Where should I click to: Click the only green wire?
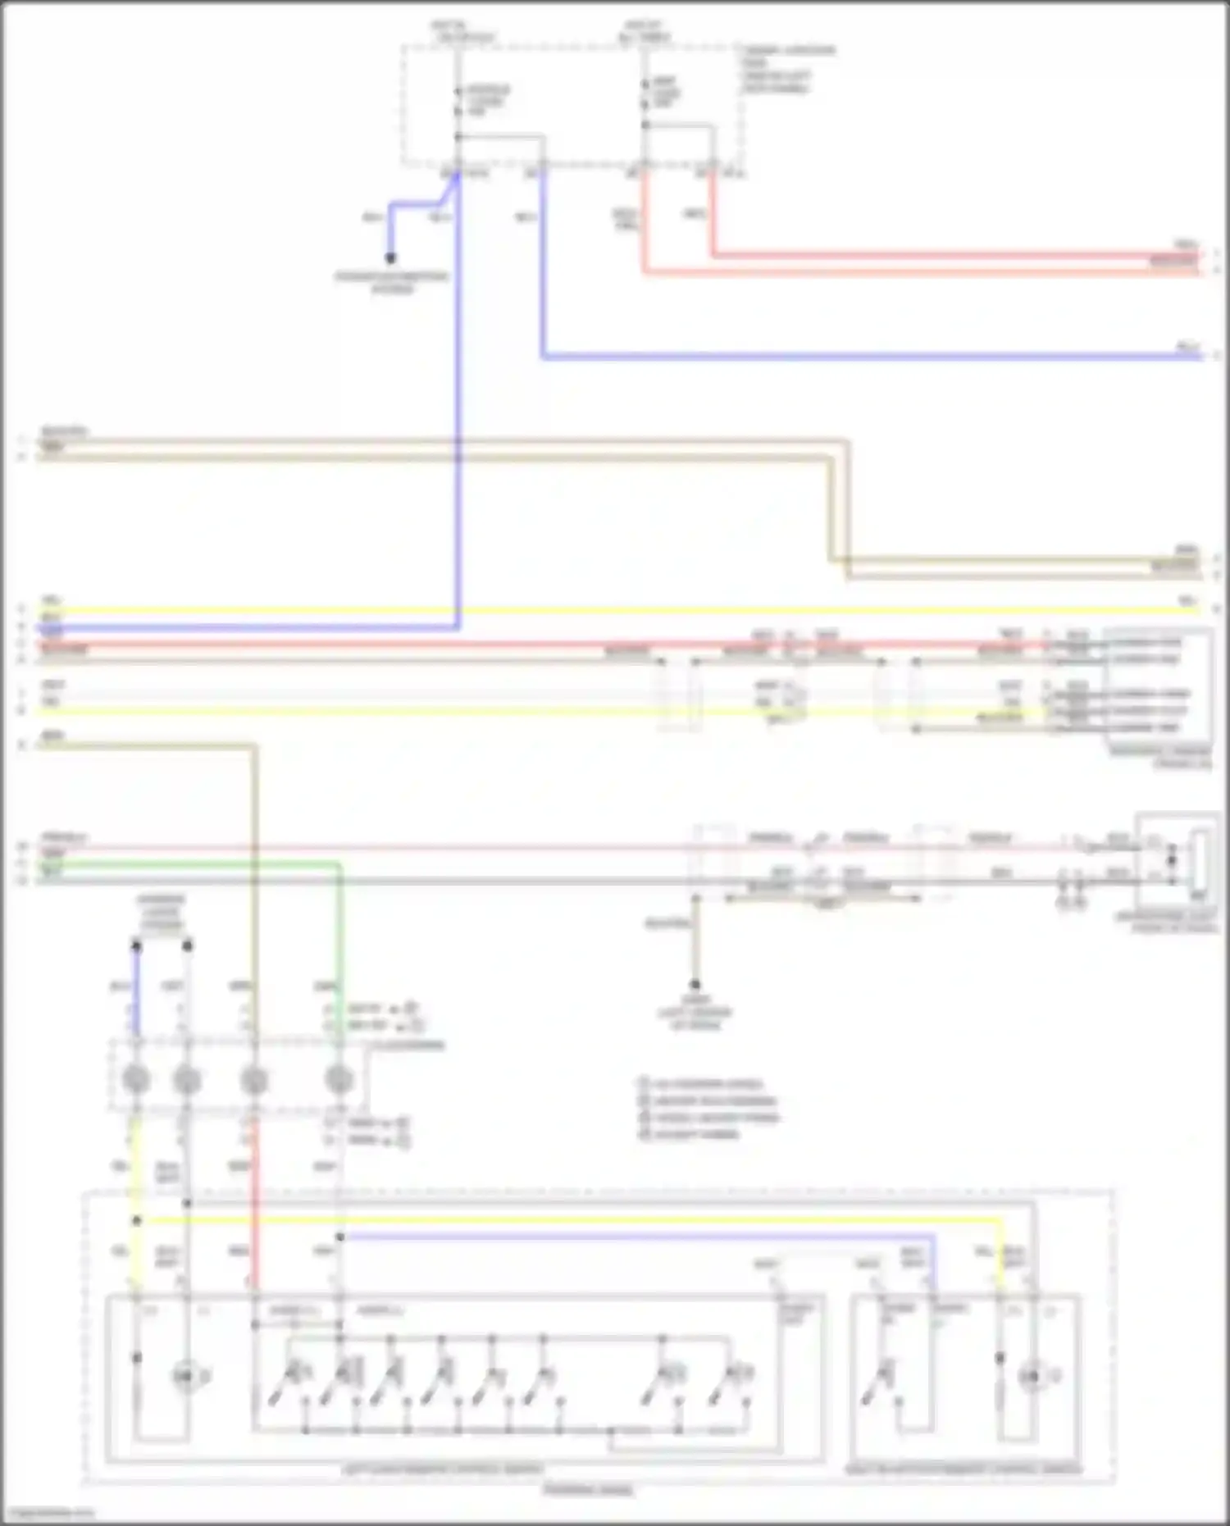coord(339,943)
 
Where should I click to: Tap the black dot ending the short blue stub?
coord(390,258)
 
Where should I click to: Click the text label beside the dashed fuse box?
coord(787,69)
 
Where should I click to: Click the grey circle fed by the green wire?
coord(339,1080)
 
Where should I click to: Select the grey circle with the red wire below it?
coord(254,1080)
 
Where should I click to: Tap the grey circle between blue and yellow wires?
coord(136,1080)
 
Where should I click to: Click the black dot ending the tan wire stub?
coord(695,984)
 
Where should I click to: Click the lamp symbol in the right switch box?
coord(1032,1377)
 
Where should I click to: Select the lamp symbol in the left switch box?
coord(186,1377)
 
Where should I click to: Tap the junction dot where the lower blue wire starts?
coord(339,1237)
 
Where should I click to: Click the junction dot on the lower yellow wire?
coord(137,1221)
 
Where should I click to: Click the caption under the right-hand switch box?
coord(963,1469)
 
